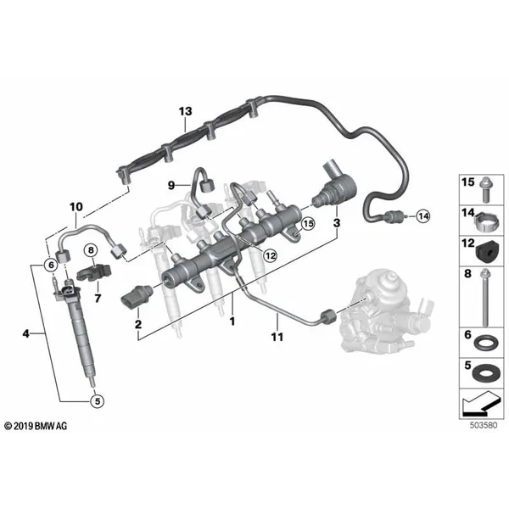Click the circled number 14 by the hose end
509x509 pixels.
[x=423, y=216]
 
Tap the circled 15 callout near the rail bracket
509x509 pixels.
[x=308, y=224]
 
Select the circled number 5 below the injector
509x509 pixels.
[x=98, y=401]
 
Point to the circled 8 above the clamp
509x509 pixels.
[x=91, y=250]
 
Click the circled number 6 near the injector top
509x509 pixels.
[x=51, y=266]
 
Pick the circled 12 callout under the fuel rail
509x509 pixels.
[x=270, y=255]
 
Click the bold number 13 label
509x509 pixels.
[x=185, y=111]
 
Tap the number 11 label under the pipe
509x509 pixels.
[x=277, y=337]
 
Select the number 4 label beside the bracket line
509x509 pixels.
[x=26, y=333]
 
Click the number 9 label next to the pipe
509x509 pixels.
[x=171, y=185]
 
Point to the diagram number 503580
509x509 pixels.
[x=484, y=425]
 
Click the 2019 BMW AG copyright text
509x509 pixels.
[x=36, y=426]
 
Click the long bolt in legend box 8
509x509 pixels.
[x=485, y=298]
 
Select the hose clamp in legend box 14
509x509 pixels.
[x=487, y=221]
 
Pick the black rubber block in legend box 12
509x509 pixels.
[x=488, y=252]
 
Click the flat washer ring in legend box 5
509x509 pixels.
[x=485, y=374]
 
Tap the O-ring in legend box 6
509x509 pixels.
[x=485, y=344]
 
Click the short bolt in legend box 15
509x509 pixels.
[x=486, y=189]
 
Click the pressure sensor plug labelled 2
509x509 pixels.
[x=136, y=294]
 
